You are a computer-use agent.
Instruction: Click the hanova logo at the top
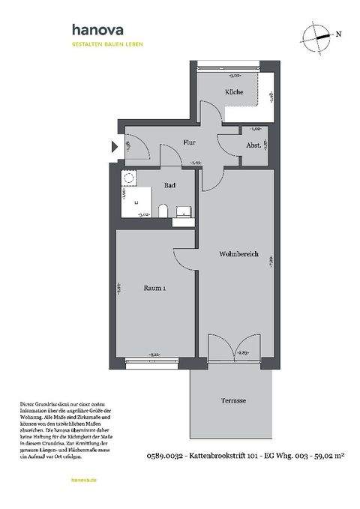[x=97, y=31]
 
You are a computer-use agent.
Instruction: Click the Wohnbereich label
[x=238, y=255]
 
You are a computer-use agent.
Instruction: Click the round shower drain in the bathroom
[x=128, y=180]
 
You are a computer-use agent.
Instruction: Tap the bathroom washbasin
[x=181, y=212]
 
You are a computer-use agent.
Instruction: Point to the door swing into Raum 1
[x=184, y=259]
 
